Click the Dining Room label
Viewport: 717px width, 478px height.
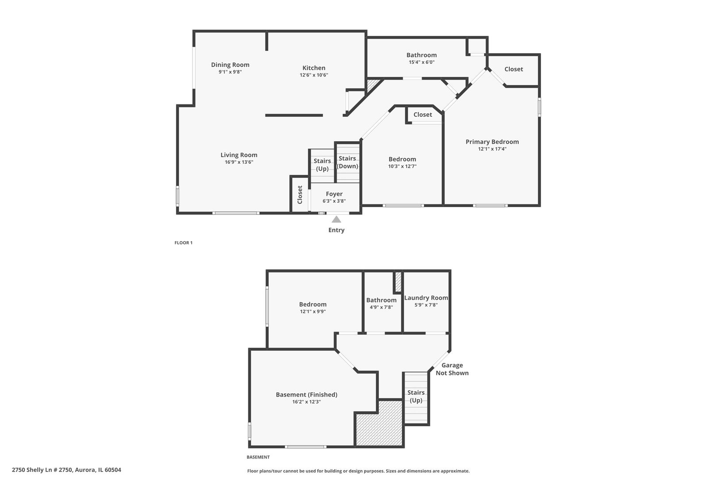pos(230,65)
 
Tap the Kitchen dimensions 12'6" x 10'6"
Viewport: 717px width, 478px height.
pos(314,75)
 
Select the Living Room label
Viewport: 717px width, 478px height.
pos(239,155)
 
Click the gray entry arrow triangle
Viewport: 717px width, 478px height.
pos(336,219)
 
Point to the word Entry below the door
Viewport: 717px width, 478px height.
pos(336,230)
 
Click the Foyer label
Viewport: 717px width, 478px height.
pos(334,194)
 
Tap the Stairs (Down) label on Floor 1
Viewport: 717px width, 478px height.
pos(347,162)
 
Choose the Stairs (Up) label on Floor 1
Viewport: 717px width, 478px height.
pos(322,165)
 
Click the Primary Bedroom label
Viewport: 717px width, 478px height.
pos(492,142)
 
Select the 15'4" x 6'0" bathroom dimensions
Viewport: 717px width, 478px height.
pos(421,62)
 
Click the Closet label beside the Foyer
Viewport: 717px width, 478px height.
pos(300,195)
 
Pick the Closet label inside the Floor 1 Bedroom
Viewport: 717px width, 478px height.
pos(423,115)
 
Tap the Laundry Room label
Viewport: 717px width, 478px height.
pos(426,298)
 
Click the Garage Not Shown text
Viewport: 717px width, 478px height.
pos(452,369)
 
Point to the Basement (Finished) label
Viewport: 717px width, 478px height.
pos(306,394)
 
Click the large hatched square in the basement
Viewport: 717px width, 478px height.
pos(379,424)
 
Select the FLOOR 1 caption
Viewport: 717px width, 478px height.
pos(183,243)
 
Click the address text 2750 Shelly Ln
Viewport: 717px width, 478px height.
pos(66,470)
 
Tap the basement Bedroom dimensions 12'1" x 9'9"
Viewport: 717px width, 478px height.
pos(312,311)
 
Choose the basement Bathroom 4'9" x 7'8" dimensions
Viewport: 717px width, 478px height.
pos(381,307)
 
